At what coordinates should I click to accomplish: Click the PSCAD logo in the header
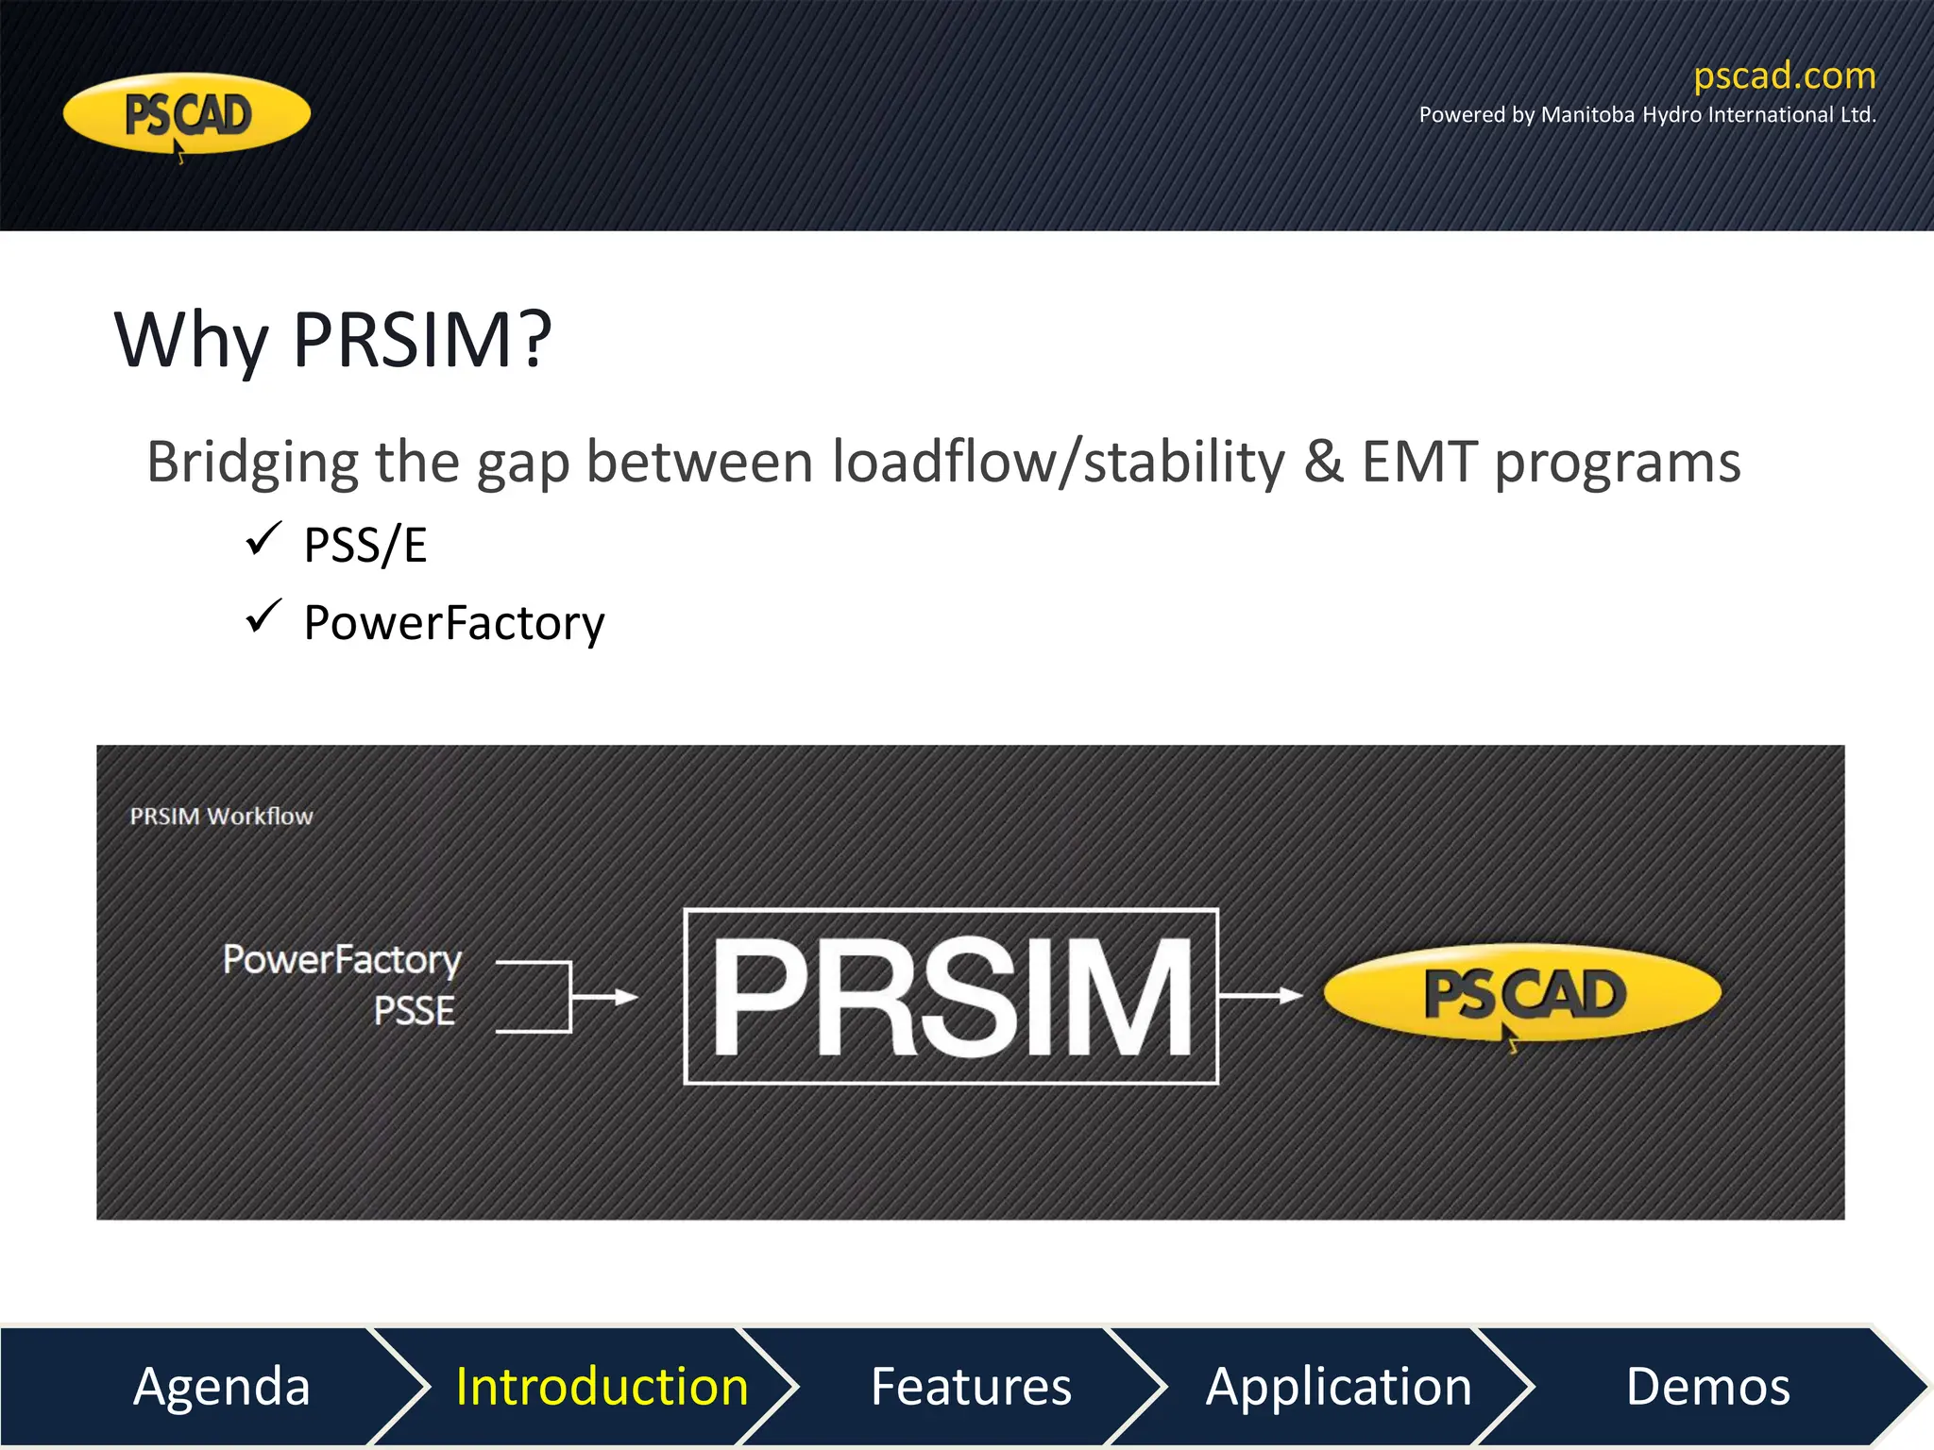186,114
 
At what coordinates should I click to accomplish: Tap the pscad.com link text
1784,76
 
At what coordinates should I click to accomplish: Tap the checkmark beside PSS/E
263,539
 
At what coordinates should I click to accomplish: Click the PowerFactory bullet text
453,623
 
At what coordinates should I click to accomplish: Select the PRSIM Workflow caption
221,817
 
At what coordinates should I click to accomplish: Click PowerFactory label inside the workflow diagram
342,960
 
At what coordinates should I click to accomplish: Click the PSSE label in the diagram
414,1011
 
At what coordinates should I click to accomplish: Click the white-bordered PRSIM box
950,996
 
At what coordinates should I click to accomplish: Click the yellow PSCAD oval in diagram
1522,993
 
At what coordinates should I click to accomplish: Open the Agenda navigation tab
222,1386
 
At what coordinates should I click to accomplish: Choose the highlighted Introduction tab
602,1386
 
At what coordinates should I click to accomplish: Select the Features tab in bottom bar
970,1386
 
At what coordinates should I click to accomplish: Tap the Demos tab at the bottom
1707,1386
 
